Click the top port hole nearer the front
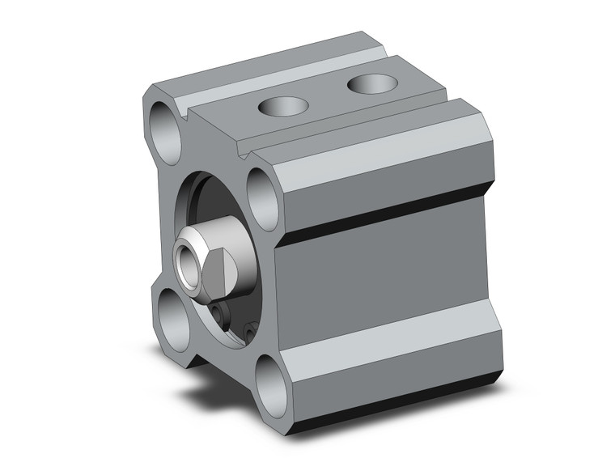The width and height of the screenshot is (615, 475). point(282,105)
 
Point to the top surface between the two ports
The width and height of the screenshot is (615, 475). point(327,95)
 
